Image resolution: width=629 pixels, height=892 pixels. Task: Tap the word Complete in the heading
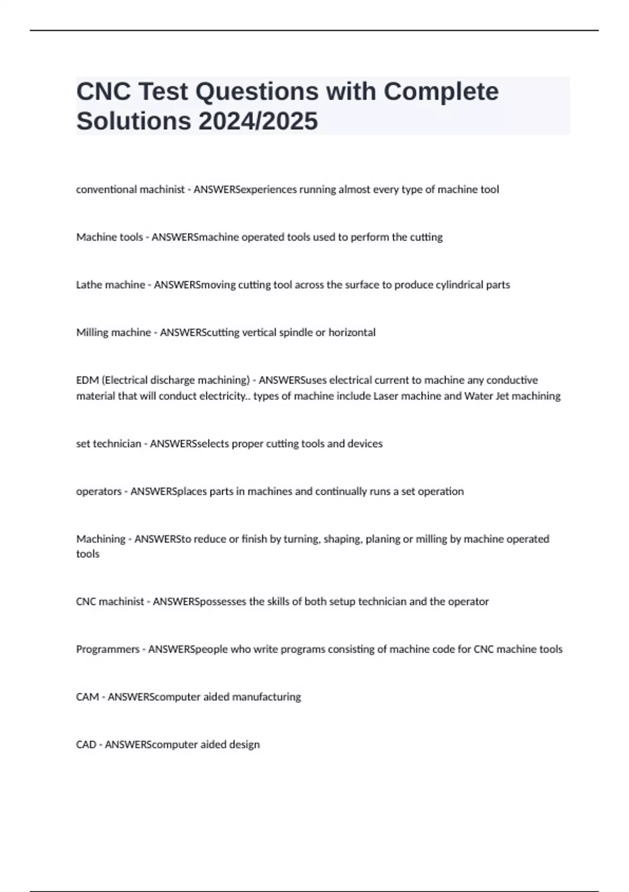pos(441,91)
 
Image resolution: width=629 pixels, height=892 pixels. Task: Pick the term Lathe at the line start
pos(89,285)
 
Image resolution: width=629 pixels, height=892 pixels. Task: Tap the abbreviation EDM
pos(87,380)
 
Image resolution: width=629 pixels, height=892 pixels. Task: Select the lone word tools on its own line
pos(88,554)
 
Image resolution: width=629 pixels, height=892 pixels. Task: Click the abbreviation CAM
pos(87,697)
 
